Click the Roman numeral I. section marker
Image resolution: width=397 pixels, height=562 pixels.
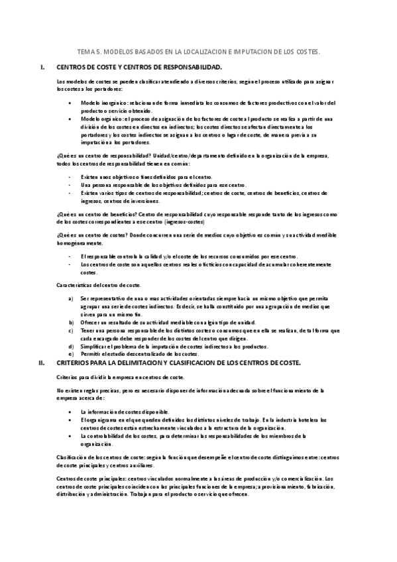point(42,68)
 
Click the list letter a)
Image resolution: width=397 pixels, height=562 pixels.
point(71,299)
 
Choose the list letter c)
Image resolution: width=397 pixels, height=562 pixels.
point(71,329)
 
